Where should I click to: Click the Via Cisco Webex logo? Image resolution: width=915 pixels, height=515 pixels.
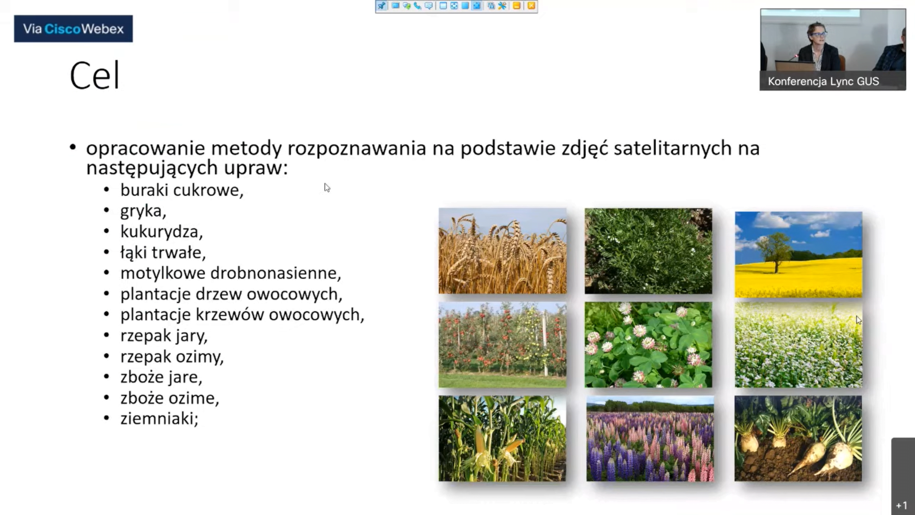(x=73, y=29)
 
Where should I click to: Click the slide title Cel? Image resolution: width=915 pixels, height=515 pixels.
(x=94, y=76)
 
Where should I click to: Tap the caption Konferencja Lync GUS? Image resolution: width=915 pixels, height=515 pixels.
(x=823, y=81)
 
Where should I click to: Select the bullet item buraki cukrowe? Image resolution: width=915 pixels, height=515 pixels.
(x=182, y=190)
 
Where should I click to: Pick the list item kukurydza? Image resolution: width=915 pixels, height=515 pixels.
(x=162, y=231)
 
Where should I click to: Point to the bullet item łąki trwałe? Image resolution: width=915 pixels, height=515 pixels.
(x=163, y=252)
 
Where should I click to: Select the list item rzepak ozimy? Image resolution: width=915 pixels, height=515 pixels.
(x=172, y=356)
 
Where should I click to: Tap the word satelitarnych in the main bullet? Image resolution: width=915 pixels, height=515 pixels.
(x=673, y=148)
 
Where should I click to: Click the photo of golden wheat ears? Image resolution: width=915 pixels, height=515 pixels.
(x=503, y=251)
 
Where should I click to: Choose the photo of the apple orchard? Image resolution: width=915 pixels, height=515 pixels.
(x=503, y=345)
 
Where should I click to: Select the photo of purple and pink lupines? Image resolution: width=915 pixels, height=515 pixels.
(x=650, y=439)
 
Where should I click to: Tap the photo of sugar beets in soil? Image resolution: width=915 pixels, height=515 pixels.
(x=798, y=439)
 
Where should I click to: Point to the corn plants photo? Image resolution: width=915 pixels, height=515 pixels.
(x=503, y=439)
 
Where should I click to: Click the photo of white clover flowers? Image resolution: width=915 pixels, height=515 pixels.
(x=648, y=345)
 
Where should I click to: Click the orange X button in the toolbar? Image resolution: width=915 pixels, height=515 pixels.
(x=531, y=6)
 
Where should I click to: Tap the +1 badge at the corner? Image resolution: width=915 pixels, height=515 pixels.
(x=902, y=505)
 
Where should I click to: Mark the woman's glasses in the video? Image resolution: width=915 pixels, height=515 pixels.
(x=819, y=35)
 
